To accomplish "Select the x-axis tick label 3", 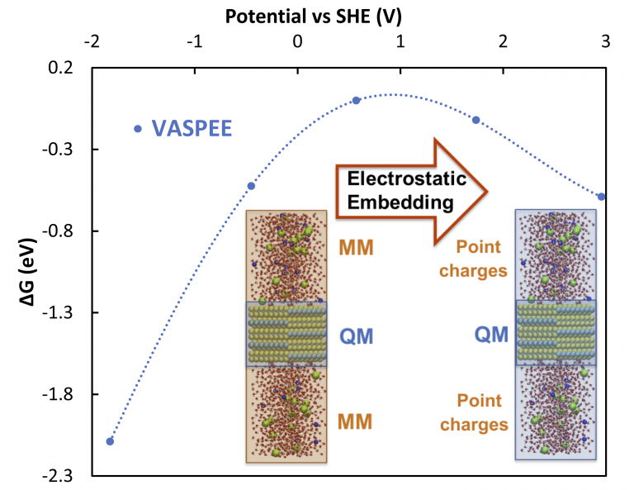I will [x=606, y=40].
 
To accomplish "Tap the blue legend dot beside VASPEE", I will [x=138, y=129].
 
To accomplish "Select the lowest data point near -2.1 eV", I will [x=111, y=441].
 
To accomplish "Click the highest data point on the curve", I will [x=357, y=101].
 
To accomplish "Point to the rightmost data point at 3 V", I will [x=602, y=197].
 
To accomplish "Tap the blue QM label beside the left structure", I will [x=357, y=335].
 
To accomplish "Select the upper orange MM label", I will [x=356, y=247].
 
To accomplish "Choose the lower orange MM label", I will [x=356, y=422].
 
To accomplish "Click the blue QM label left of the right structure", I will [x=491, y=334].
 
